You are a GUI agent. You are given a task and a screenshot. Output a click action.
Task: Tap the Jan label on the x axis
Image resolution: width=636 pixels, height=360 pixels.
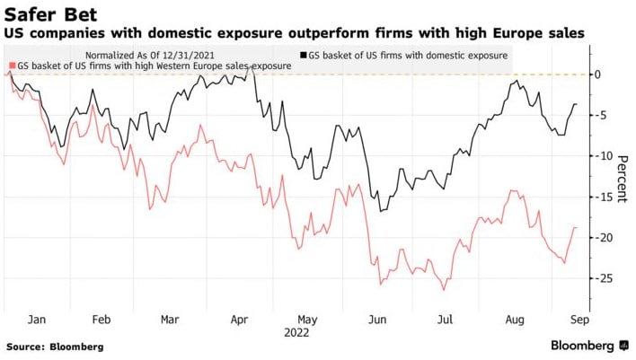tap(37, 319)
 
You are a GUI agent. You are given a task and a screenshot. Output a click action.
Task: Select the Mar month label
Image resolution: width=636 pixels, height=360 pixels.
tap(171, 319)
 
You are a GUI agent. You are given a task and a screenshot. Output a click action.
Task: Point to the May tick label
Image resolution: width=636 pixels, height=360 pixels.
tap(307, 319)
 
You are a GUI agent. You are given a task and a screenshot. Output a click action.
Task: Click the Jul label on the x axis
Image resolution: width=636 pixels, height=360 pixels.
tap(444, 319)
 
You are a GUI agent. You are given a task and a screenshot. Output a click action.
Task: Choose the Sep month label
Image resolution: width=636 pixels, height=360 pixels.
tap(579, 319)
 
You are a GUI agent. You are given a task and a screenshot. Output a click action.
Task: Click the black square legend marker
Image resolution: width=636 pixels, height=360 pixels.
tap(304, 55)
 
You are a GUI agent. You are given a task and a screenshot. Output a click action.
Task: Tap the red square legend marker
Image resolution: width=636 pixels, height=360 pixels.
tap(9, 66)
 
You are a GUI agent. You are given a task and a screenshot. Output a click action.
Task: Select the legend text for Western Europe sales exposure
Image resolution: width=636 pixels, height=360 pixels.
tap(153, 66)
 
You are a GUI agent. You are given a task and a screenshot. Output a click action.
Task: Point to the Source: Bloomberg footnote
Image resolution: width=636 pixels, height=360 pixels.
tap(55, 347)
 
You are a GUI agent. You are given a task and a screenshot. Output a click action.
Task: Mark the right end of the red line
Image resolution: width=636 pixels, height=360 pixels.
tap(575, 227)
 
